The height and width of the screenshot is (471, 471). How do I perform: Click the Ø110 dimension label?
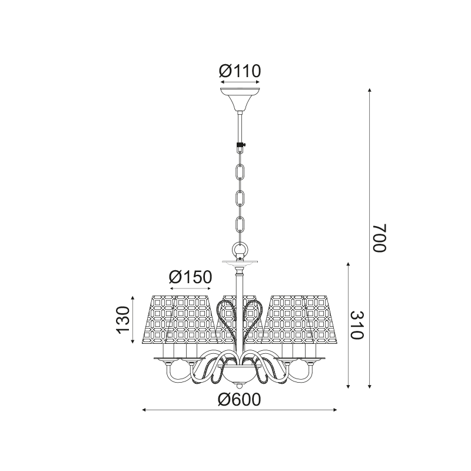click(x=240, y=71)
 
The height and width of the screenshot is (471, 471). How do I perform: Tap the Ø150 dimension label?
click(x=190, y=277)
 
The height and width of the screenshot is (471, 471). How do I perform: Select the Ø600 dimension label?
click(x=240, y=400)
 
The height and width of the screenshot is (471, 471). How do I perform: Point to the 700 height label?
click(x=379, y=238)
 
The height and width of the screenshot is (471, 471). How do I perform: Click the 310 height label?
click(x=357, y=325)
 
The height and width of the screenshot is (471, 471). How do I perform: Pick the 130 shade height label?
click(x=123, y=320)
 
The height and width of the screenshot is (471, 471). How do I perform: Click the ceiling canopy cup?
click(x=240, y=99)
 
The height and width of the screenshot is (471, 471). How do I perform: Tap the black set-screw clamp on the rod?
click(x=240, y=148)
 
